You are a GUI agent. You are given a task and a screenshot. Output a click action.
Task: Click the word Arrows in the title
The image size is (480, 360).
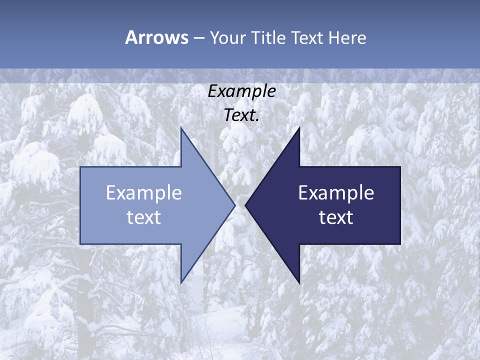click(156, 37)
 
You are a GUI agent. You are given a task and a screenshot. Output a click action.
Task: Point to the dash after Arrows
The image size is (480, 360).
click(198, 38)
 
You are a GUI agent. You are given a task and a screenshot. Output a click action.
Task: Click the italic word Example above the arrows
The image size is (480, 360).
click(241, 91)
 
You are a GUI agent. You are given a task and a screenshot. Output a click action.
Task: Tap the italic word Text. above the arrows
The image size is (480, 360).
click(241, 115)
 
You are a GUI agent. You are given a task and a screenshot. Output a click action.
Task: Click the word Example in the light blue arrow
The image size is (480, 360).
click(144, 193)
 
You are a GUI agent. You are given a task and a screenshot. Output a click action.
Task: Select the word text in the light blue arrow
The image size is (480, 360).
click(144, 217)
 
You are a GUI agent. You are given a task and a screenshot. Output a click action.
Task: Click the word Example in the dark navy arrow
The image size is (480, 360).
click(336, 193)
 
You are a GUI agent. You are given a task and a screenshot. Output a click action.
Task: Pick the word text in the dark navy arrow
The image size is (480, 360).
click(336, 217)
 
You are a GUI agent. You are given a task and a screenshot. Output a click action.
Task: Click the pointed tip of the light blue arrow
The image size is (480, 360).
click(234, 205)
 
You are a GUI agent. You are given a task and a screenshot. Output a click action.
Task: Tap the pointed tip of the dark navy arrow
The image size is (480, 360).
click(245, 205)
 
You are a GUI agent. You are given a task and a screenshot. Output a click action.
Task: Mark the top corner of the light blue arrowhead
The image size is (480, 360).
click(181, 128)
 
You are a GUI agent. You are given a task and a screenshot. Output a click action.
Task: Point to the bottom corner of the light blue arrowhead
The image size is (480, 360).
click(181, 282)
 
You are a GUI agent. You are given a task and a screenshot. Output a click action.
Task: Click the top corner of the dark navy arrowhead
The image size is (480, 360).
click(299, 128)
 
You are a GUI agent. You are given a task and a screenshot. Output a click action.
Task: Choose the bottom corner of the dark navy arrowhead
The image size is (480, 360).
click(299, 282)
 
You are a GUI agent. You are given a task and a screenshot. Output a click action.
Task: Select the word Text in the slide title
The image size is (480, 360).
click(306, 37)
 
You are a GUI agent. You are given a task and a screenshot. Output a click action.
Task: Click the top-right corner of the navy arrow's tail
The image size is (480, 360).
click(400, 167)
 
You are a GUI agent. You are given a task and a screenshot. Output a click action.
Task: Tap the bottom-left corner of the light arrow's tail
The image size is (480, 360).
click(80, 243)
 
